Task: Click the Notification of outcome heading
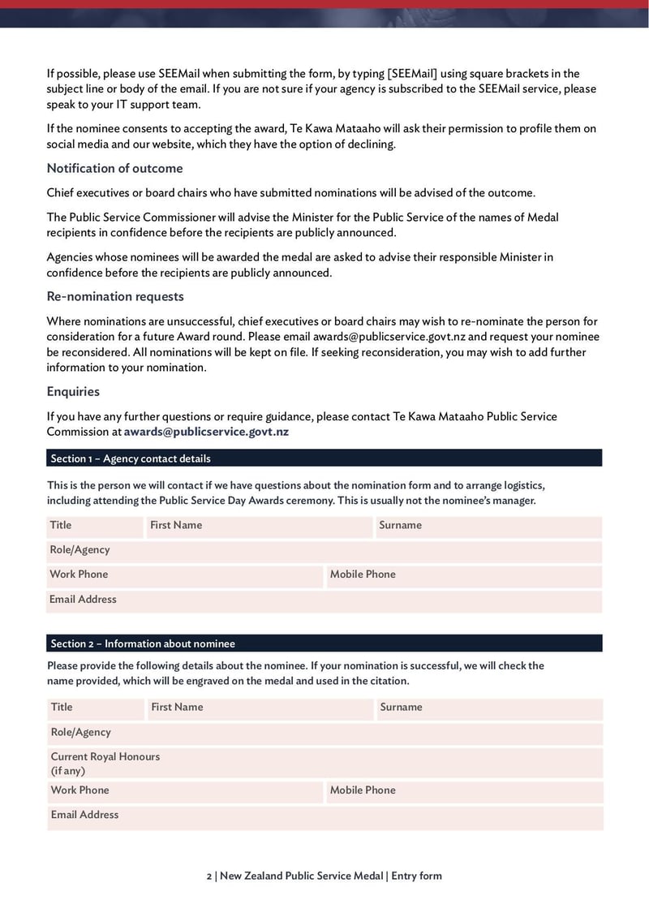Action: pos(114,169)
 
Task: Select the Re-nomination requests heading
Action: pos(115,297)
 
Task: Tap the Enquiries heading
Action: pos(73,392)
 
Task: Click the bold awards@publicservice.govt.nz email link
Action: pos(206,432)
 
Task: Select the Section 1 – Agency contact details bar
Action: pos(324,458)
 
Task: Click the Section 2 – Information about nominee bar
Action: pos(324,644)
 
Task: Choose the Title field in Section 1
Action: pos(94,526)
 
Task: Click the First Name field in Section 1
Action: pos(258,526)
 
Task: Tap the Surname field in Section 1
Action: pos(488,526)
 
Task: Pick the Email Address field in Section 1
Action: pos(324,601)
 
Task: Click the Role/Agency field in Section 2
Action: pos(324,733)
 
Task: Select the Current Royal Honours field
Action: pos(324,764)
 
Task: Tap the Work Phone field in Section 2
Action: pos(185,791)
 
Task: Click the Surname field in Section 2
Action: pos(488,708)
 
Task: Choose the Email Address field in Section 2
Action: pos(324,816)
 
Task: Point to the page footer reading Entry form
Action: pos(416,876)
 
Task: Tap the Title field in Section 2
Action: pos(95,708)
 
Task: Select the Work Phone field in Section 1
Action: pos(184,575)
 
